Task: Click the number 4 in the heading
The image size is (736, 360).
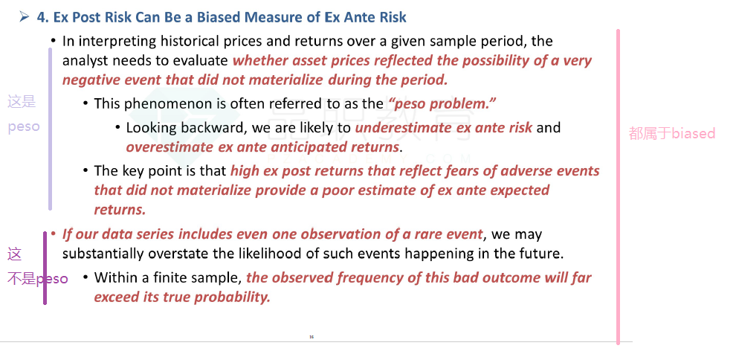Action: [x=42, y=17]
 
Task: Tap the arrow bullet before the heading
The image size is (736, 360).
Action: [x=25, y=17]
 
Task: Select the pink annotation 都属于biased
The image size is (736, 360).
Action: [x=672, y=133]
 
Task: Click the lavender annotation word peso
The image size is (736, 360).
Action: [x=24, y=126]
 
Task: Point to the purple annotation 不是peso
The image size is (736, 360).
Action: [x=38, y=279]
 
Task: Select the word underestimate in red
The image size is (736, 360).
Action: [x=395, y=127]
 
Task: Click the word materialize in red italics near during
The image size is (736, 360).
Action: [x=285, y=80]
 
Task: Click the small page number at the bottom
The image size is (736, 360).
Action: [x=311, y=336]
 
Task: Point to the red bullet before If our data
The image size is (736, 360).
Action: [x=53, y=234]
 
